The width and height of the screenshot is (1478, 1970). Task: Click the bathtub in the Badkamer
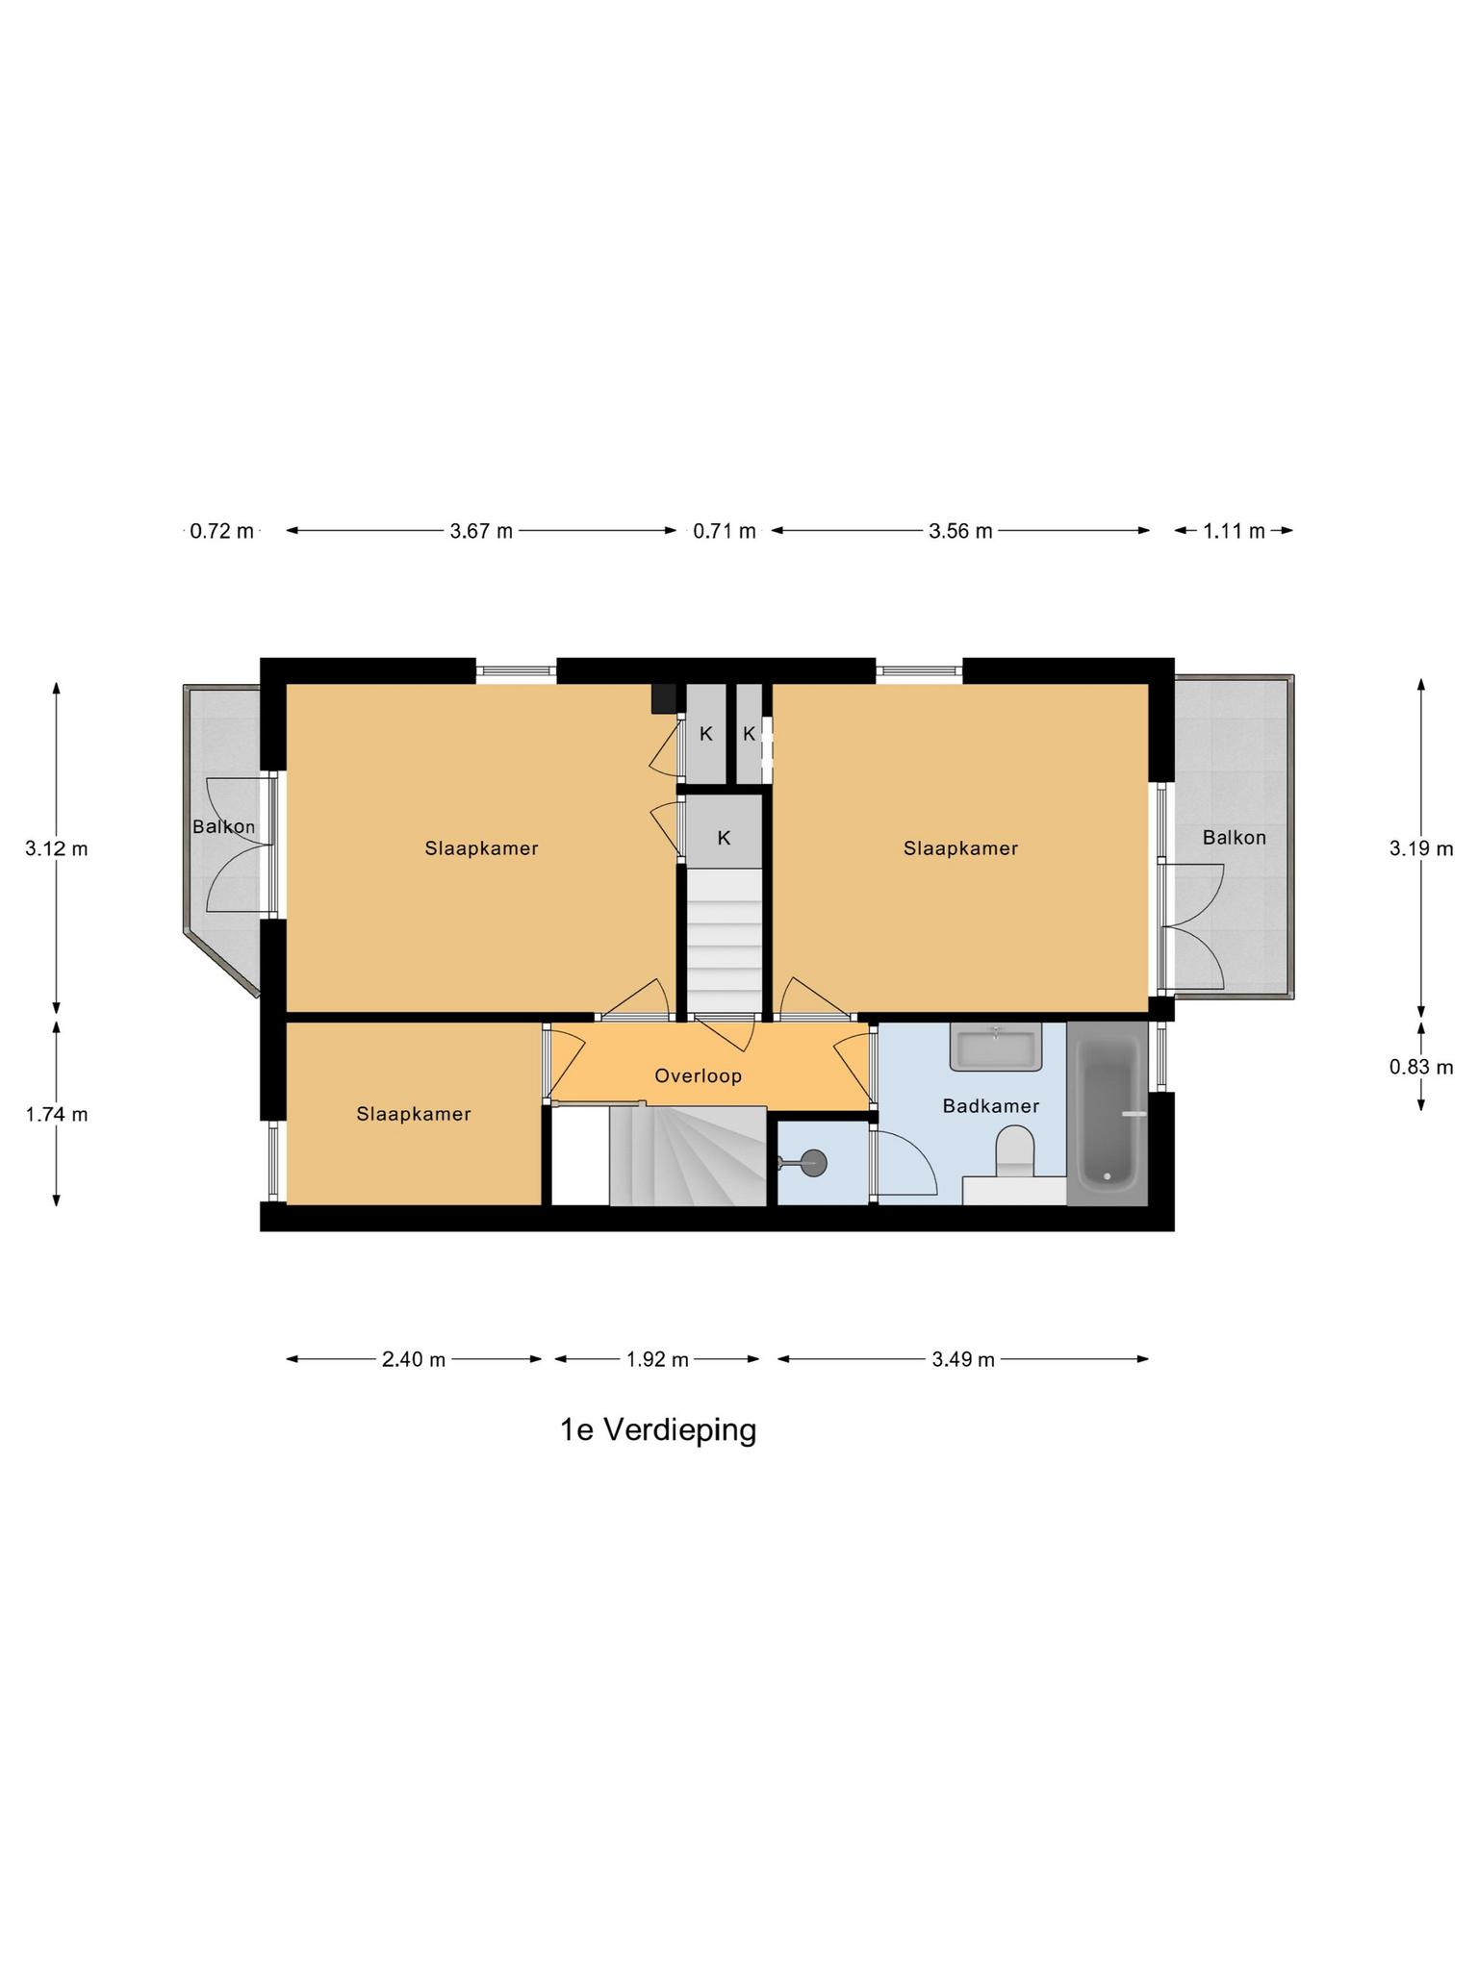1108,1114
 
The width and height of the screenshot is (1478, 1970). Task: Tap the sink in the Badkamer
996,1047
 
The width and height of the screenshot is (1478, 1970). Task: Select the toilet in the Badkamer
1013,1151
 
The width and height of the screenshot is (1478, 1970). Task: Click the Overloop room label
699,1075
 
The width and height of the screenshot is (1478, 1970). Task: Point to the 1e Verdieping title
658,1430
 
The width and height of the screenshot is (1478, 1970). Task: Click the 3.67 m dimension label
481,530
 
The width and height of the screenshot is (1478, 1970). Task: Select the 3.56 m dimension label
960,530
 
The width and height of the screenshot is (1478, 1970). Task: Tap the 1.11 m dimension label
1234,530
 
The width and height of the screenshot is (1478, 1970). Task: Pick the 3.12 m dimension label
56,848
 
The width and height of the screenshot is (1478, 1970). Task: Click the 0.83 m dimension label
1421,1066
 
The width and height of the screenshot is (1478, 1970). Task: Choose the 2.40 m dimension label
414,1359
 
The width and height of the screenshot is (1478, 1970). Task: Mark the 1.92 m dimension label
657,1359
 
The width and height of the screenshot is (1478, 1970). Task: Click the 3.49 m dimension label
963,1359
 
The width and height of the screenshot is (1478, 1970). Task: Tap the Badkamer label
990,1106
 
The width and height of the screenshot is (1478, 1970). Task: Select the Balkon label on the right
1234,838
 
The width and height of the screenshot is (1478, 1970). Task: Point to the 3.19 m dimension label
1421,848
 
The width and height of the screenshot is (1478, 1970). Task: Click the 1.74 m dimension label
56,1114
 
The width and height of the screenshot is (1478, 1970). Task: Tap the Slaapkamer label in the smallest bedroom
414,1114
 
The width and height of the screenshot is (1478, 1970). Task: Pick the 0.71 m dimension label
725,530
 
